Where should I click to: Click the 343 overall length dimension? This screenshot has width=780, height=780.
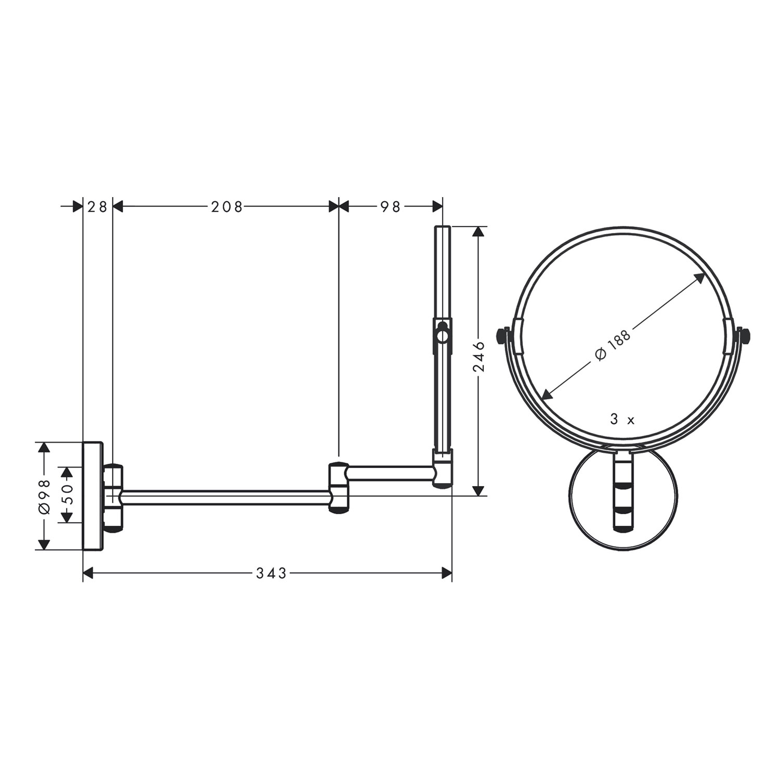pyautogui.click(x=271, y=573)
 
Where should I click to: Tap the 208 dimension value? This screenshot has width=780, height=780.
pyautogui.click(x=227, y=207)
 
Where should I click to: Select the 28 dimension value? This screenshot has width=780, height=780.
pyautogui.click(x=97, y=207)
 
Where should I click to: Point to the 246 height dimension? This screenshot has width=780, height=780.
pyautogui.click(x=479, y=357)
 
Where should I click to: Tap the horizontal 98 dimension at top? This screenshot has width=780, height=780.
pyautogui.click(x=390, y=207)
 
